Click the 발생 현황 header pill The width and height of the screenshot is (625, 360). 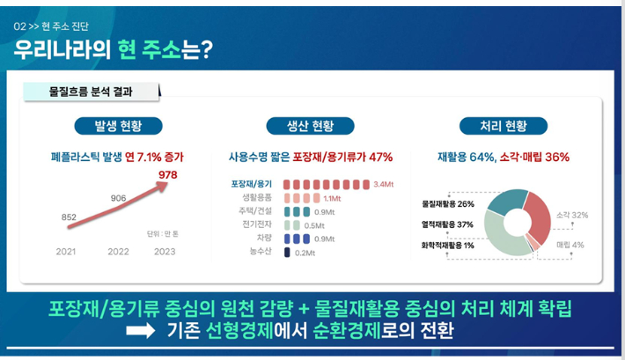tap(118, 125)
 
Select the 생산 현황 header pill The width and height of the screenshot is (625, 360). tap(310, 125)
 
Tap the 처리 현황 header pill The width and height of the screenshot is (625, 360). tap(503, 125)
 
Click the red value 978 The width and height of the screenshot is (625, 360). tap(167, 175)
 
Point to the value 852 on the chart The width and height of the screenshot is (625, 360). tap(69, 217)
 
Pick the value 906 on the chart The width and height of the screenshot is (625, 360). tap(118, 198)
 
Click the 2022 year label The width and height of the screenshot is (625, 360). tap(118, 252)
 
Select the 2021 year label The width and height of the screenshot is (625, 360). tap(67, 252)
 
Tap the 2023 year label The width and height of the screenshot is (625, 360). tap(165, 252)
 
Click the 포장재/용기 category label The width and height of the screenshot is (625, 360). tap(252, 184)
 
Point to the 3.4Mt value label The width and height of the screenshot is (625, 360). tap(383, 184)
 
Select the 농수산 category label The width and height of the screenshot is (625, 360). tap(260, 253)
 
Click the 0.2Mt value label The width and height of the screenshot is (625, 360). tap(305, 253)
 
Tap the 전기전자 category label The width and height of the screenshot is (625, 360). tap(255, 225)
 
